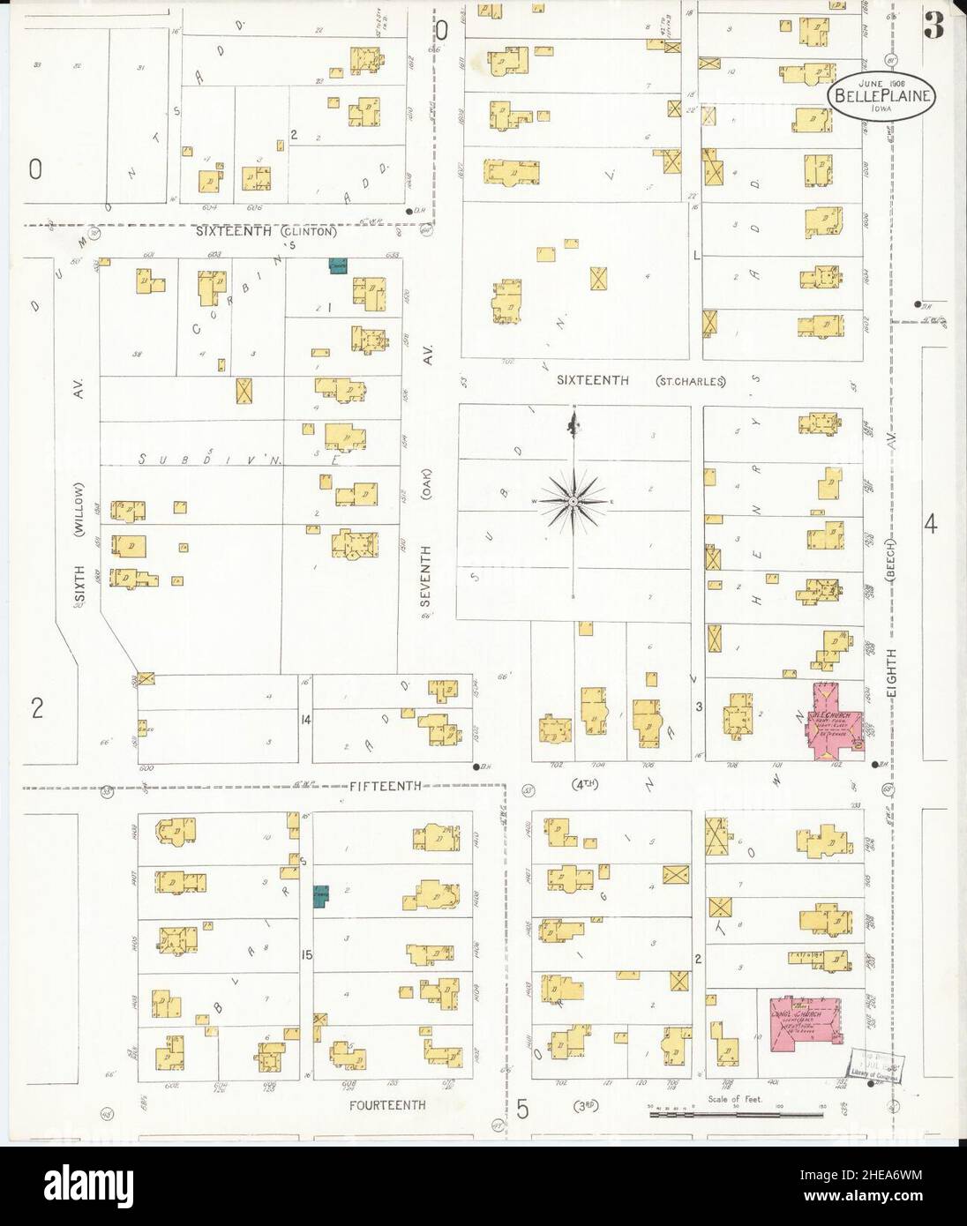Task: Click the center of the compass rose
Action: coord(573,502)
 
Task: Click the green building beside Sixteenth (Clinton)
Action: coord(337,265)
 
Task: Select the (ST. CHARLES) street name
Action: coord(690,382)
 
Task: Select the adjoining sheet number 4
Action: coord(930,526)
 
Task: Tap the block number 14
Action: coord(305,721)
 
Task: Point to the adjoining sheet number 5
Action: coord(522,1110)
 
